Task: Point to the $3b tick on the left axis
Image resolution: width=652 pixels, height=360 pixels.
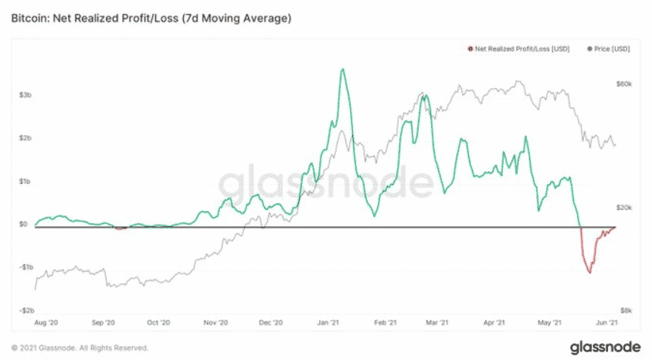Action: [25, 95]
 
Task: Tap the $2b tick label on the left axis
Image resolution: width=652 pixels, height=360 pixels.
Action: [25, 138]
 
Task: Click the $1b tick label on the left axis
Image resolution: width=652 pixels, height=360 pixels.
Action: [25, 182]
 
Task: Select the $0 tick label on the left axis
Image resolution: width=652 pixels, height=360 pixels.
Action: [23, 225]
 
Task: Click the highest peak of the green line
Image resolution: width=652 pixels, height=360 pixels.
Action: [342, 70]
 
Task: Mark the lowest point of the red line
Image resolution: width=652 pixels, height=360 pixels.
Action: [589, 272]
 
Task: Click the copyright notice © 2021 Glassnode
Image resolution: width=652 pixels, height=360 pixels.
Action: [80, 348]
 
